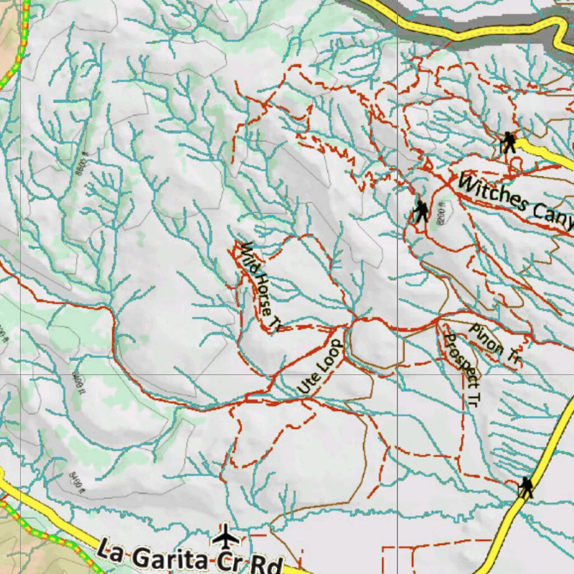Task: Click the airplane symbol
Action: (226, 537)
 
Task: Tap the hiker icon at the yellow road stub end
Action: (508, 142)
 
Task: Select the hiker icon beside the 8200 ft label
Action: (420, 212)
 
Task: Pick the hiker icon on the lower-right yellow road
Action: (525, 488)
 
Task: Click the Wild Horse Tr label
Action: (259, 285)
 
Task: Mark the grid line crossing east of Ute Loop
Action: (397, 374)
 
